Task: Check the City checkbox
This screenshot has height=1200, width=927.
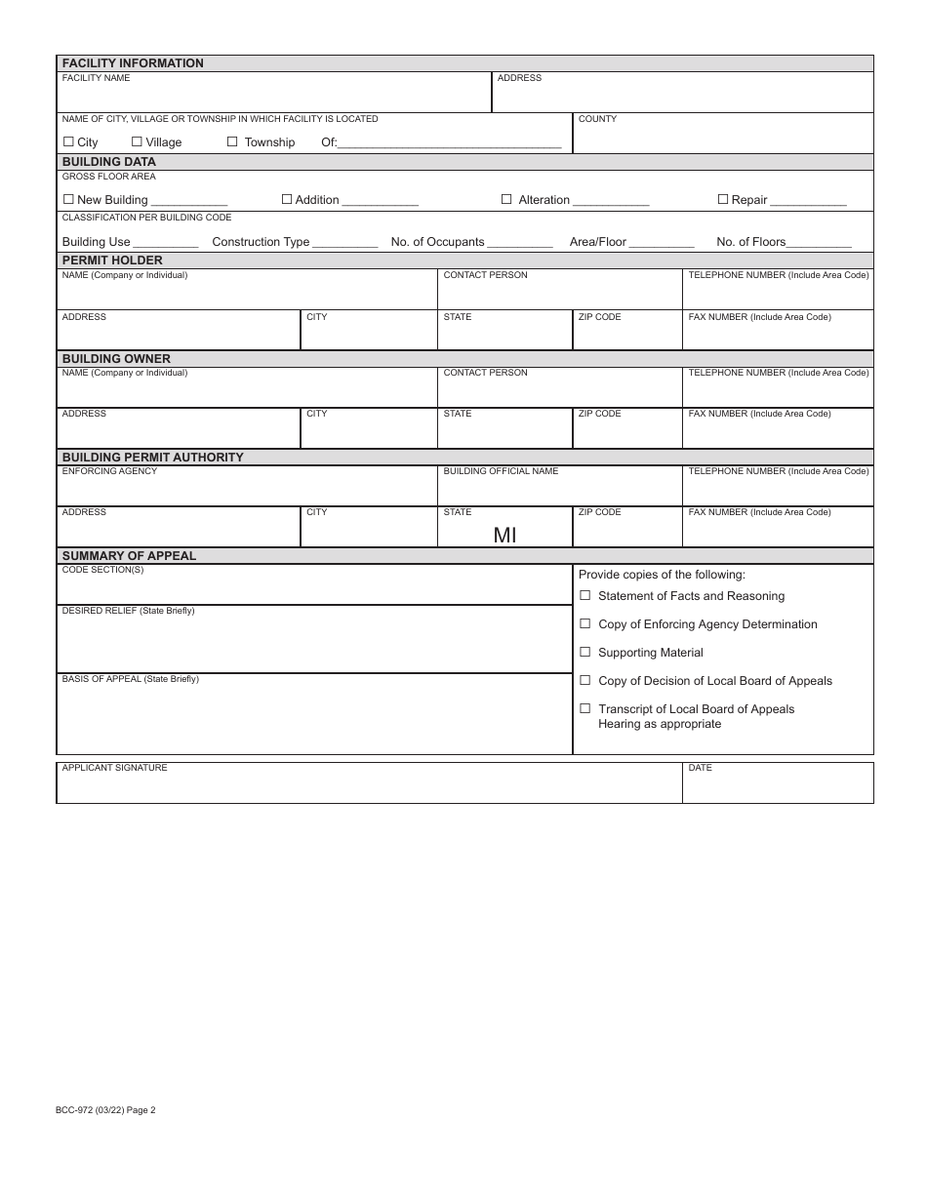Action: (68, 141)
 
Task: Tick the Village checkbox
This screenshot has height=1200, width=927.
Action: (137, 141)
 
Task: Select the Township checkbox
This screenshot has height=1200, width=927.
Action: (232, 141)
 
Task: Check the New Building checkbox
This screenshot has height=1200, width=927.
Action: (68, 199)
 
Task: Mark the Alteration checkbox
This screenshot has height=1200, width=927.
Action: (506, 199)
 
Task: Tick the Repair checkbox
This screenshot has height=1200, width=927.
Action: (723, 199)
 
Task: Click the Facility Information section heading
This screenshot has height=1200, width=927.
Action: (133, 63)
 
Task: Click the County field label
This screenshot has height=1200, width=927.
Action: (597, 119)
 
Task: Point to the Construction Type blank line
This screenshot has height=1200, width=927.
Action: (345, 244)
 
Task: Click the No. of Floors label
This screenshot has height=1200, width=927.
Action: (750, 242)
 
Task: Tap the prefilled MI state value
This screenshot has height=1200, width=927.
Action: (504, 535)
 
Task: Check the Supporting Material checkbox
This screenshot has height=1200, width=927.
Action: (585, 652)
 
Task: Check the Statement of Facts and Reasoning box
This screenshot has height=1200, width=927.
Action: (585, 595)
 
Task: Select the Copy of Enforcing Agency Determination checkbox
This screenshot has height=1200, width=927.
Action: (585, 623)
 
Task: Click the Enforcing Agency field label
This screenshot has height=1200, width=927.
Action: (109, 471)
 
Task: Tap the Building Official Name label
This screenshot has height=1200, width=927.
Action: (501, 471)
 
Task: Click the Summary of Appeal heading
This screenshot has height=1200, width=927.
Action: (129, 556)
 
